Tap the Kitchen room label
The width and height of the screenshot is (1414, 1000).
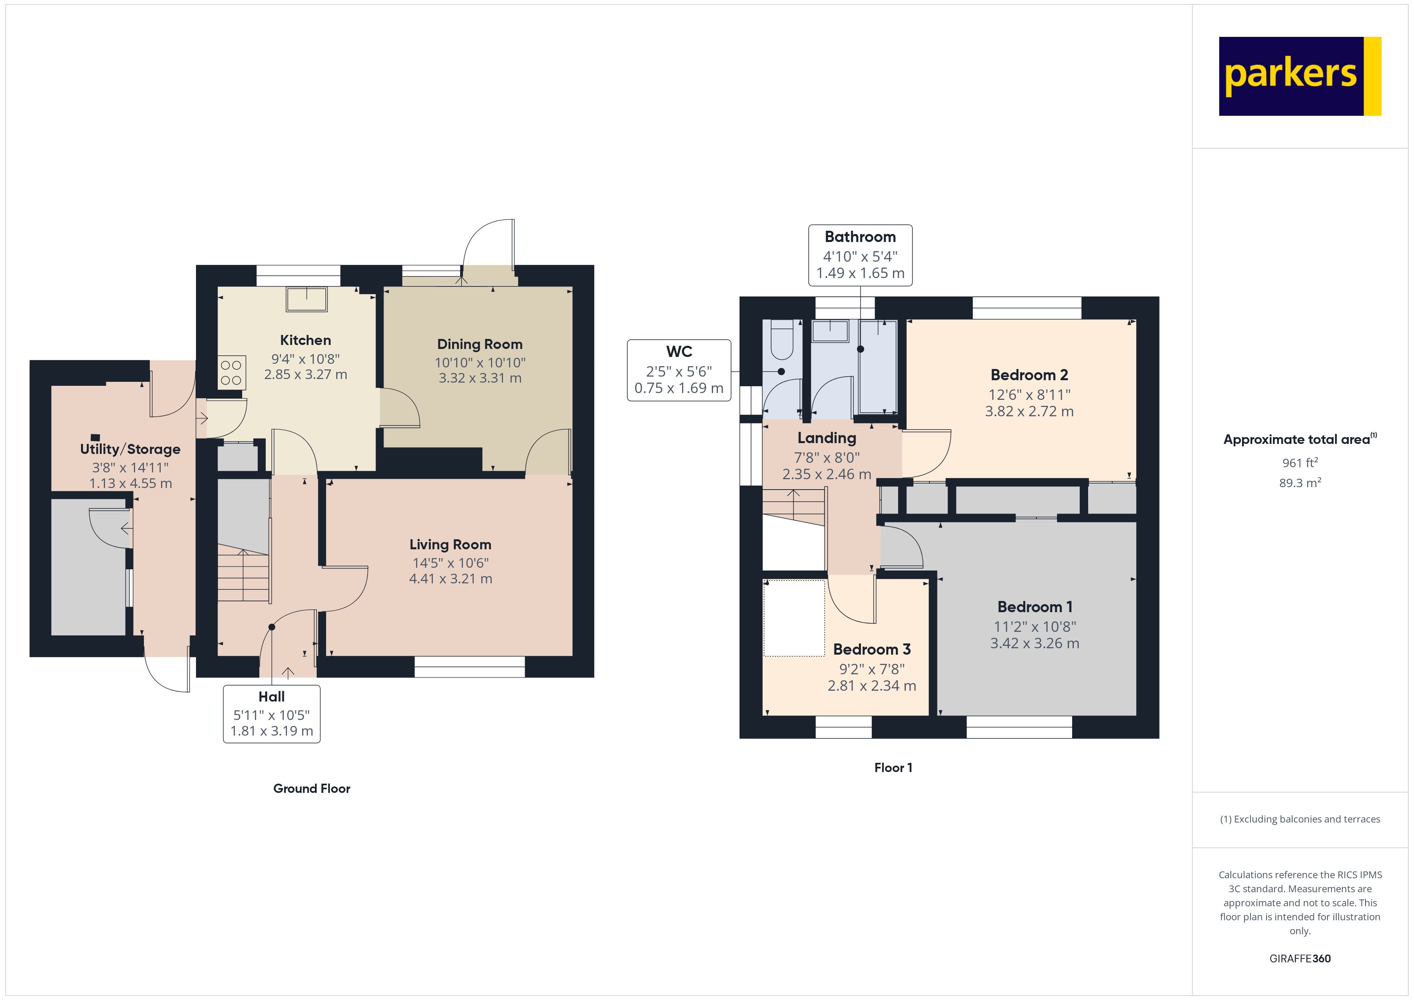305,340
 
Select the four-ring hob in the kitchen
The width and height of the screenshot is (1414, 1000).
232,372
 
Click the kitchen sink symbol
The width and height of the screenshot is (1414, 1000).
307,299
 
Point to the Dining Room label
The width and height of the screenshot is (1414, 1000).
480,344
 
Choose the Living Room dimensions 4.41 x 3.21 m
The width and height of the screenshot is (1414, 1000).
451,579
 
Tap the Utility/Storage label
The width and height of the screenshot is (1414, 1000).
130,449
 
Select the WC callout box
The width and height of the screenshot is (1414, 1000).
679,370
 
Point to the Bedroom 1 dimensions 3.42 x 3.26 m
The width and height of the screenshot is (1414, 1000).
1034,643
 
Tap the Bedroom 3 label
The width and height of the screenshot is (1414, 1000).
871,649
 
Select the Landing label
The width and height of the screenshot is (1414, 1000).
826,438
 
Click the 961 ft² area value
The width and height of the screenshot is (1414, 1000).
1300,462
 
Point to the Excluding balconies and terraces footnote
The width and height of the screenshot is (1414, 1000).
1300,819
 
